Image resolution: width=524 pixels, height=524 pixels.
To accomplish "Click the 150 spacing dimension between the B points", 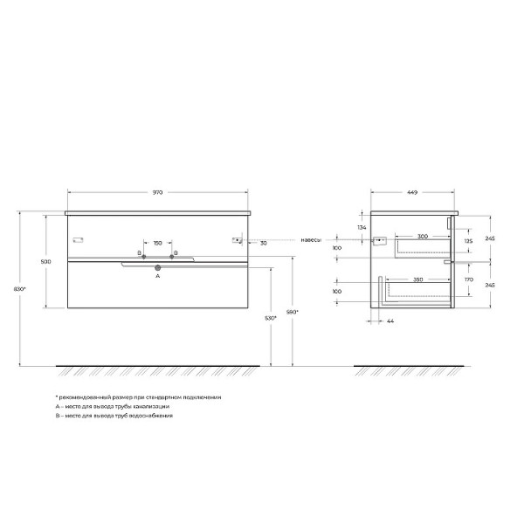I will (x=158, y=243).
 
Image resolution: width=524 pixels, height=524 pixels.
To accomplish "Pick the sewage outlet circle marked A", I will (x=158, y=267).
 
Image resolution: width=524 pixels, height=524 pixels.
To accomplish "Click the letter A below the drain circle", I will (x=158, y=276).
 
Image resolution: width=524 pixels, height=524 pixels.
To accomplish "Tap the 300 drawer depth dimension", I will (x=423, y=237).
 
